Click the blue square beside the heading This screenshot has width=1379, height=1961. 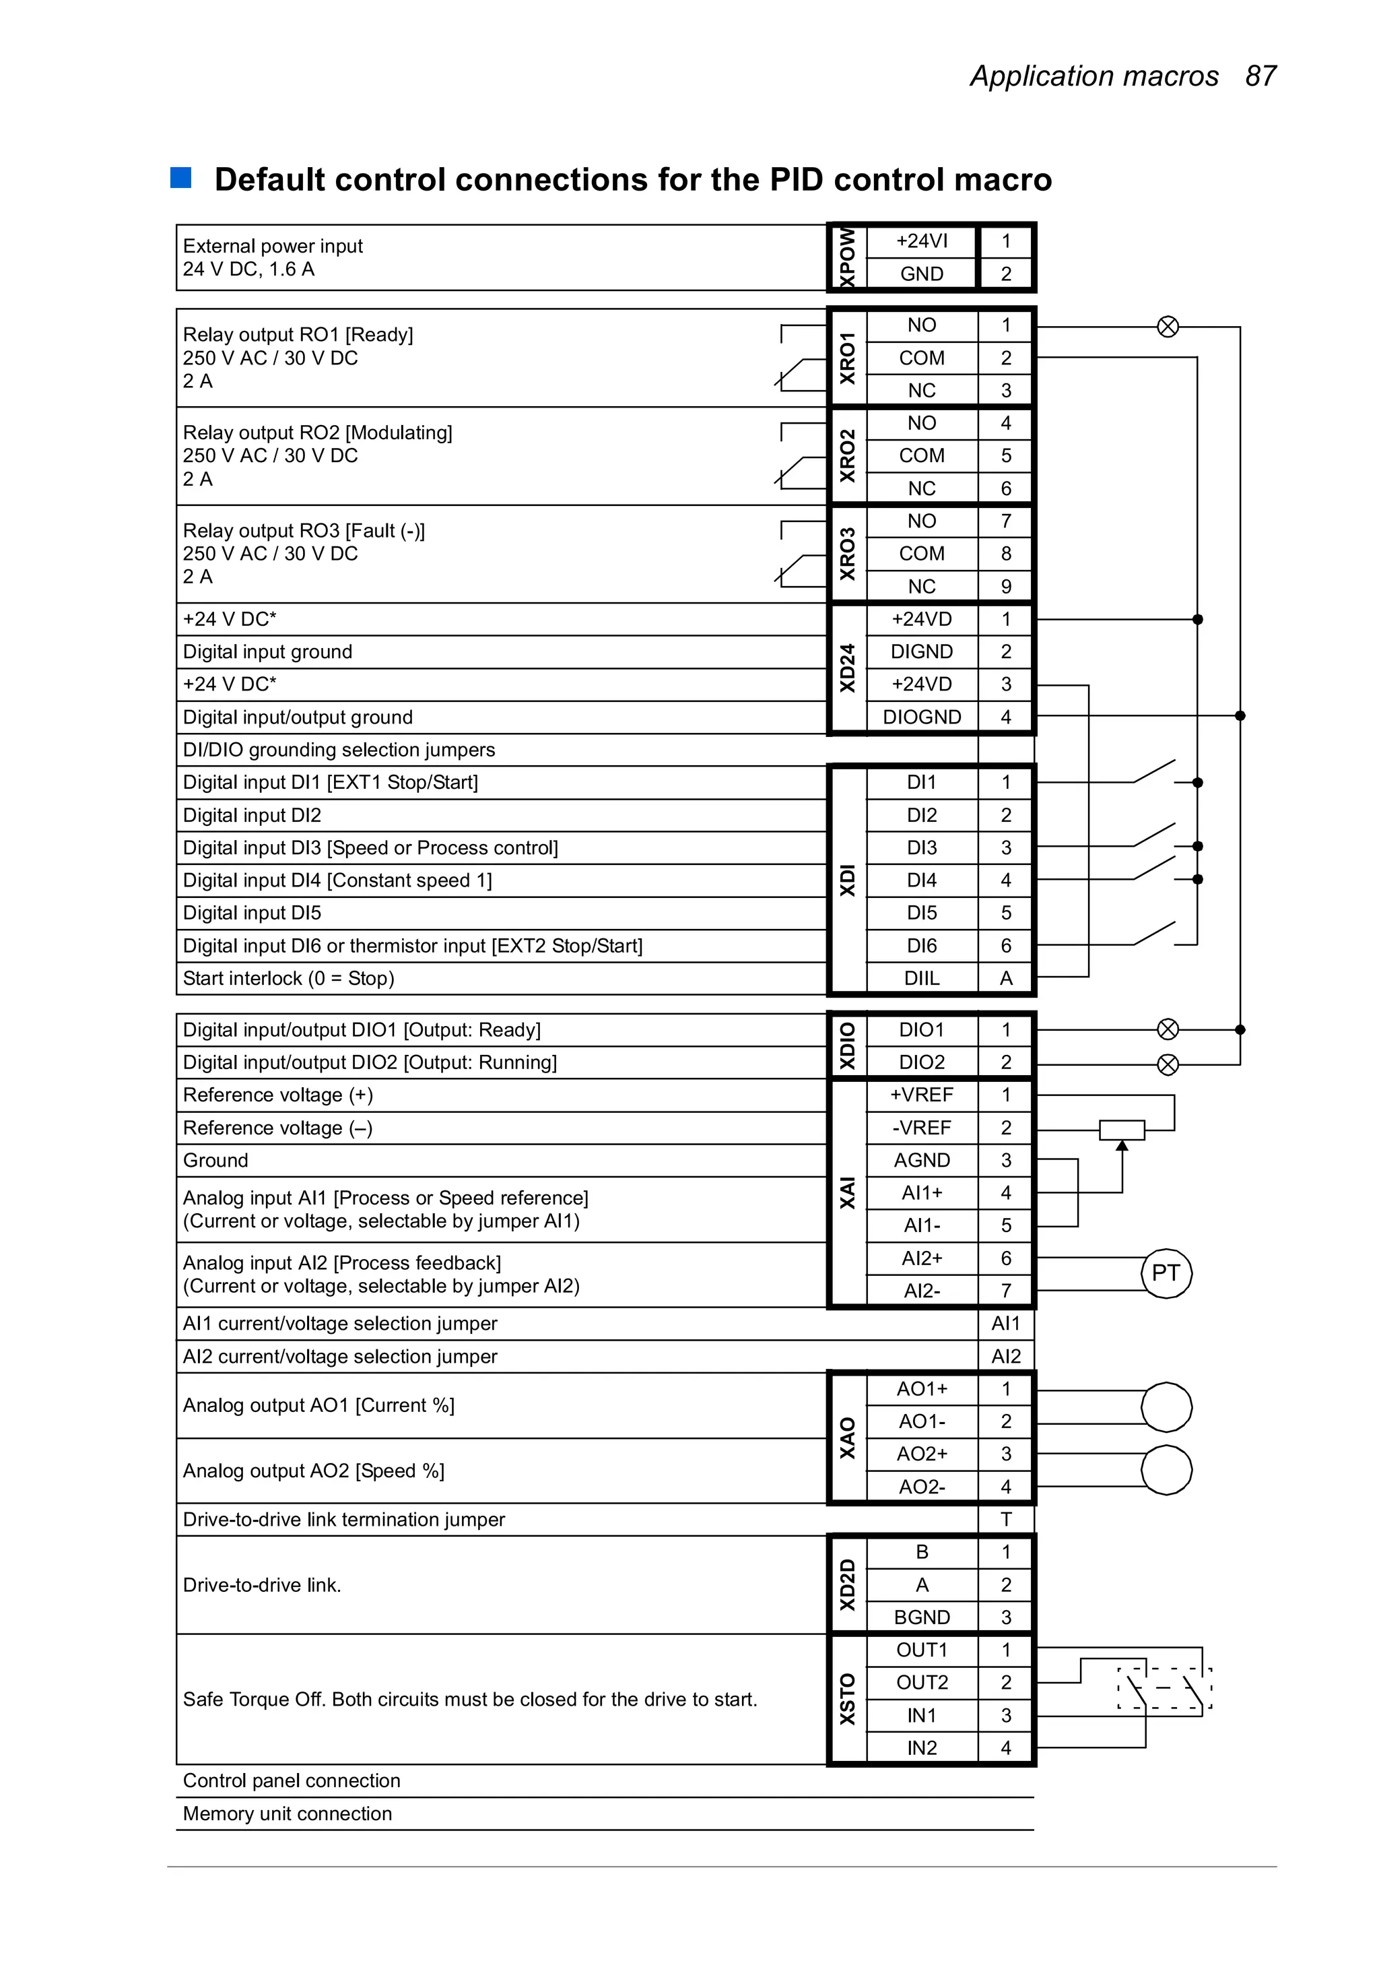[180, 178]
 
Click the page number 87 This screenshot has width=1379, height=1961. [1260, 76]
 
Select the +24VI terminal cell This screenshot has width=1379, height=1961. [921, 241]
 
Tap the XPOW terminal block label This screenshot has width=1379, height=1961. [847, 257]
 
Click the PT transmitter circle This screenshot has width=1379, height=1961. [1166, 1273]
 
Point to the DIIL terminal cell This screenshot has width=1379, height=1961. [921, 978]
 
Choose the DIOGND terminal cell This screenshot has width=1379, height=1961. [921, 717]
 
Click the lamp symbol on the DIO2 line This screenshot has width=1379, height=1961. [1168, 1064]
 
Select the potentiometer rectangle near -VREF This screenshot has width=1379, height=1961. [1121, 1129]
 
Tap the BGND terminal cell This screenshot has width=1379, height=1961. [921, 1617]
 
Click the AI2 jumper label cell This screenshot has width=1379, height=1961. [1006, 1356]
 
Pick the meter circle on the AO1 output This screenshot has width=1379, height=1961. [1166, 1407]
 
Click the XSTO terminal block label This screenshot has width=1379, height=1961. [847, 1699]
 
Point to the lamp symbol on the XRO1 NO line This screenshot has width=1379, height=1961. [1168, 326]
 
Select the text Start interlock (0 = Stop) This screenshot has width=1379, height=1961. [289, 978]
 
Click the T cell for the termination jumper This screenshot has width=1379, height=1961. [1006, 1520]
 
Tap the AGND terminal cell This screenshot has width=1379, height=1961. [921, 1160]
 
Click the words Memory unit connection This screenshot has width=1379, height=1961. [288, 1813]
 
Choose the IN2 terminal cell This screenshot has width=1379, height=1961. [921, 1747]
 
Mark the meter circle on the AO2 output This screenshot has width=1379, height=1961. [1166, 1470]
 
